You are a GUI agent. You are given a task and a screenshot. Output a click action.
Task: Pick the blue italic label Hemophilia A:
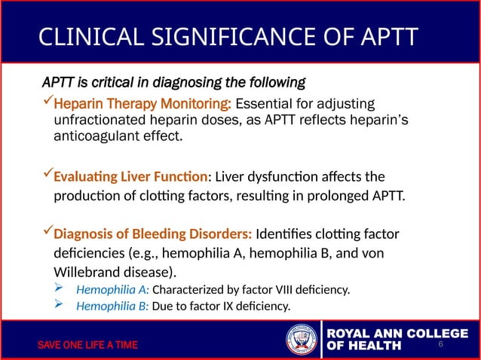tap(112, 289)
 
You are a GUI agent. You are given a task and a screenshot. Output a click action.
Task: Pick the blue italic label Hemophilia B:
tap(112, 306)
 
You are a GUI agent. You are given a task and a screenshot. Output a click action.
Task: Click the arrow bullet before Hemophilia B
tap(60, 305)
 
